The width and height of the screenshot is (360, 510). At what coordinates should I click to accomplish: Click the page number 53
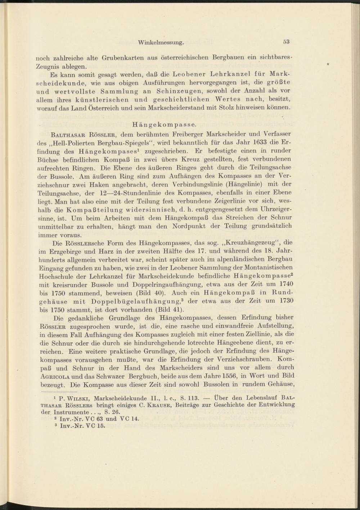(x=286, y=42)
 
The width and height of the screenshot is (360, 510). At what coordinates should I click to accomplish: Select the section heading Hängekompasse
(x=164, y=125)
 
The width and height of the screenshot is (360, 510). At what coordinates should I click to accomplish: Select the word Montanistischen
(x=271, y=267)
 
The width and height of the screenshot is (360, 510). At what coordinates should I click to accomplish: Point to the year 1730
(x=287, y=301)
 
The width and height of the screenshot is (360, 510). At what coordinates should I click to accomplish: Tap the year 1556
(x=218, y=376)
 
